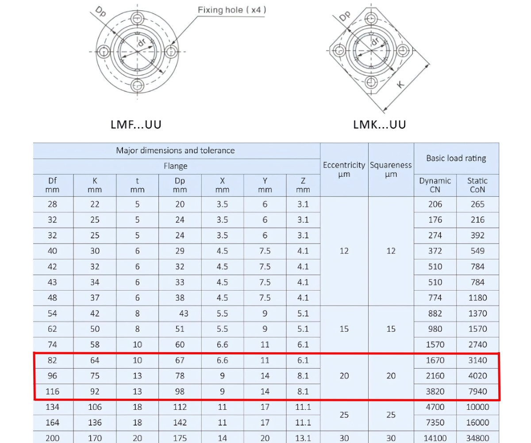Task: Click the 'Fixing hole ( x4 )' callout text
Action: [232, 10]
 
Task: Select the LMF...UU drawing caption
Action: [136, 124]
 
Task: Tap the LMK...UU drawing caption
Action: [379, 124]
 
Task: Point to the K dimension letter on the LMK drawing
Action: [400, 84]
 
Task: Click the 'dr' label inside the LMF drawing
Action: [142, 42]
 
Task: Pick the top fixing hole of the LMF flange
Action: [137, 19]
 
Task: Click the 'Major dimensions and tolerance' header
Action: [175, 151]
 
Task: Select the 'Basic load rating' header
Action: [456, 158]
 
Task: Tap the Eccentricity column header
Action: [344, 170]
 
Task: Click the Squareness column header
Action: [391, 170]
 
